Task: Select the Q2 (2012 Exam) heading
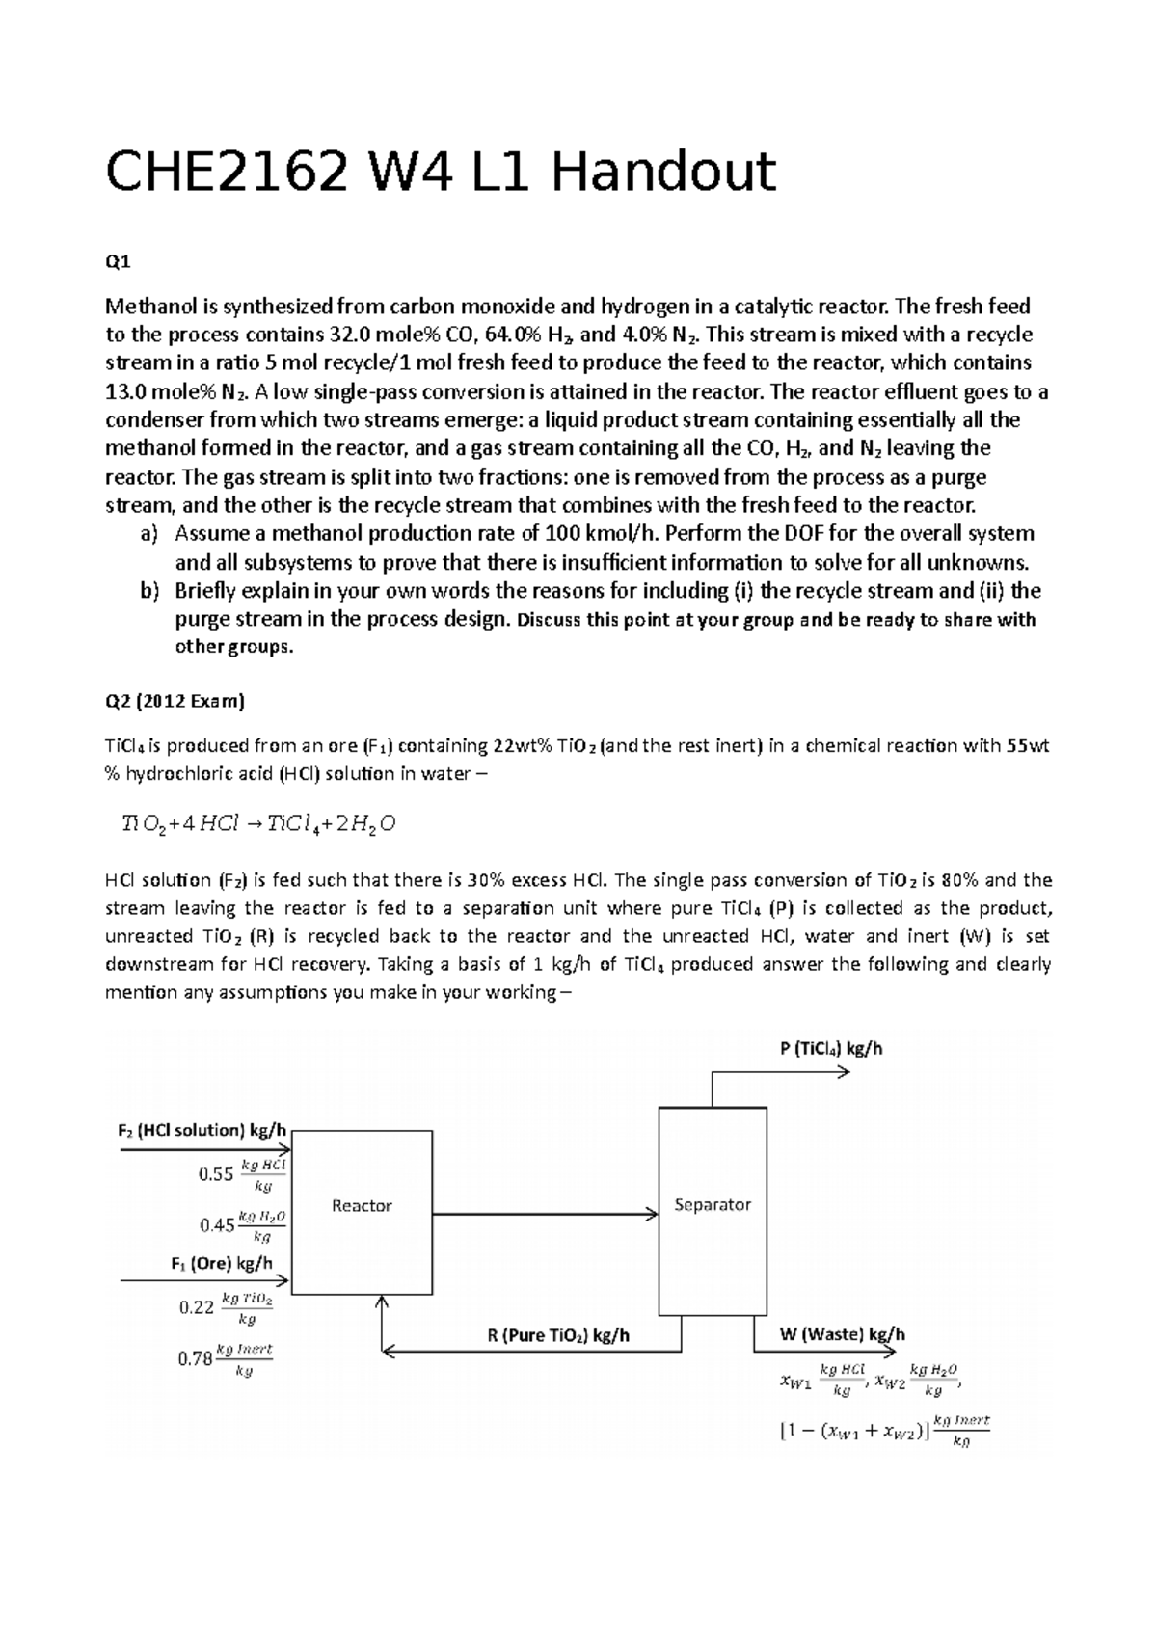(x=175, y=702)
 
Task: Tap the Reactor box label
(x=362, y=1206)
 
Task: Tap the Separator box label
(x=713, y=1205)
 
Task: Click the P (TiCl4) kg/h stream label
(x=831, y=1049)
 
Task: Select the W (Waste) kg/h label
(x=842, y=1335)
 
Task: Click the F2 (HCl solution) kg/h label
(x=202, y=1131)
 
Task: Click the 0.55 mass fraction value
(x=216, y=1174)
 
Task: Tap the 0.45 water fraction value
(x=217, y=1225)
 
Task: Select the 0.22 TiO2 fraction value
(x=197, y=1307)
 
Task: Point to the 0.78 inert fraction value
(x=195, y=1359)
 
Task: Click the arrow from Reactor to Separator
(x=545, y=1215)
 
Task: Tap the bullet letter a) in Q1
(x=148, y=534)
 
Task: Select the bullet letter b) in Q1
(x=148, y=591)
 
